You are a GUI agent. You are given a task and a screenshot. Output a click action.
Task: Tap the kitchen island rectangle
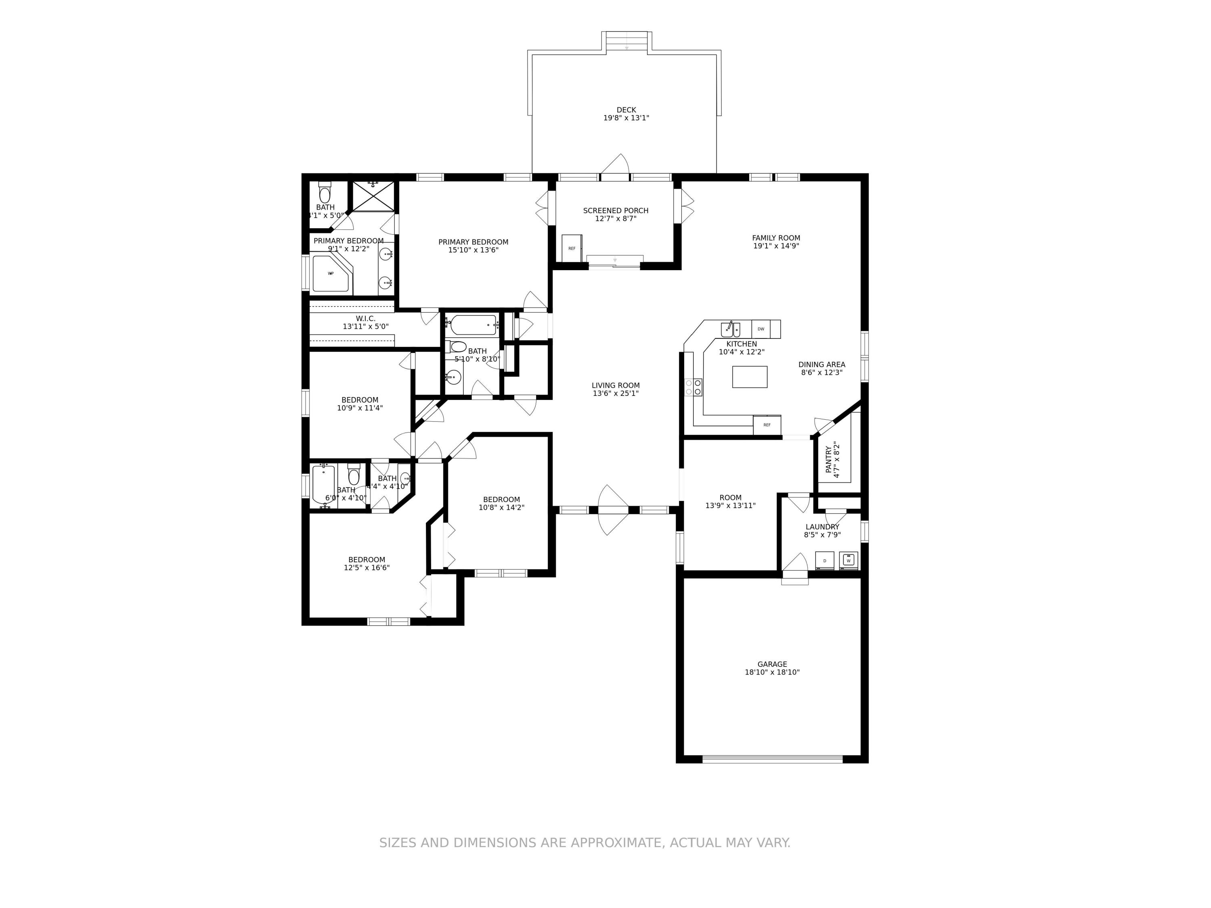click(x=750, y=377)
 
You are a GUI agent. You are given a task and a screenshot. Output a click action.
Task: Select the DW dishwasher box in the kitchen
click(x=761, y=329)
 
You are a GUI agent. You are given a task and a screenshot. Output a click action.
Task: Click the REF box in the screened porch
click(x=572, y=248)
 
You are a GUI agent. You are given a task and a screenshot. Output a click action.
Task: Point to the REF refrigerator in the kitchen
click(x=767, y=425)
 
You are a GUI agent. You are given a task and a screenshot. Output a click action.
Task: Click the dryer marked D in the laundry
click(x=824, y=560)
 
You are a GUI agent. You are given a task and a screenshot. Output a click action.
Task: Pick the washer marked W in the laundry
click(x=848, y=560)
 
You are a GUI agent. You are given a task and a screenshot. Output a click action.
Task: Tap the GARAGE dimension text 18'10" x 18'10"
click(x=772, y=673)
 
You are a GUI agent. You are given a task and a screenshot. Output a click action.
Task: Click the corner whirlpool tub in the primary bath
click(x=330, y=273)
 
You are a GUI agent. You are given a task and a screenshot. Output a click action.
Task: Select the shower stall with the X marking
click(x=373, y=196)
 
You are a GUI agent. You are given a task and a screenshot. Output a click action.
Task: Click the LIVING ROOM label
click(x=615, y=385)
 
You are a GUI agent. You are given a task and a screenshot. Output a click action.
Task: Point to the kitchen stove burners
click(x=693, y=387)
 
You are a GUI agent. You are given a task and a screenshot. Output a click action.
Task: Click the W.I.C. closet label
click(x=365, y=319)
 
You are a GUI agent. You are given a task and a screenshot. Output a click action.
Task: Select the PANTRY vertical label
click(x=828, y=459)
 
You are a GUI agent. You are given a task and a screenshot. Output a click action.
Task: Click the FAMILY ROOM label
click(x=776, y=238)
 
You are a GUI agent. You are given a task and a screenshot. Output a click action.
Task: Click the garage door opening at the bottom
click(x=772, y=759)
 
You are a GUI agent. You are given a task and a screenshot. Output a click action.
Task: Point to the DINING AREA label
click(x=821, y=364)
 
